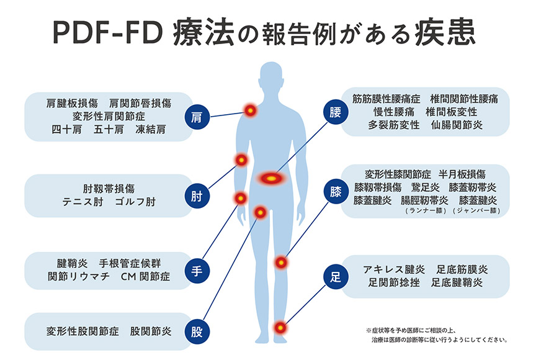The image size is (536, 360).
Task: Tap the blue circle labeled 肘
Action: [x=197, y=196]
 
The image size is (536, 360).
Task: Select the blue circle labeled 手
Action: [x=197, y=271]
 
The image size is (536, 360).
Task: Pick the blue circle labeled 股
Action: [x=197, y=331]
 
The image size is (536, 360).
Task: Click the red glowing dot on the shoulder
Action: [x=250, y=110]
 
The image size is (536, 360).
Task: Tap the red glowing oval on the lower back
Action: [x=271, y=179]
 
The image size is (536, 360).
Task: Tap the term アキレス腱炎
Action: [x=393, y=269]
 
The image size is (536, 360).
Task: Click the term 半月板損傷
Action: [x=462, y=173]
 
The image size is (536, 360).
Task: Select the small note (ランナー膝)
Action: [x=423, y=211]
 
